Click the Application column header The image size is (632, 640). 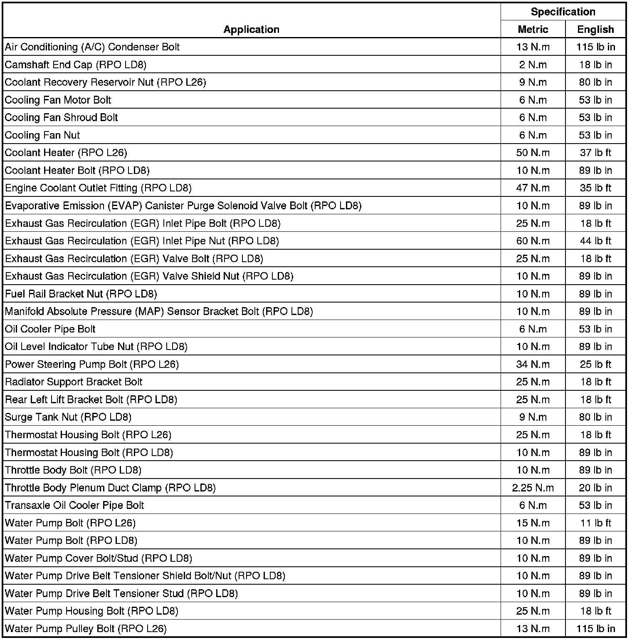click(251, 29)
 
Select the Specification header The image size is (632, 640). click(563, 12)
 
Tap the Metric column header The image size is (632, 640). click(533, 29)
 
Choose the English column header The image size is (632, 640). click(595, 29)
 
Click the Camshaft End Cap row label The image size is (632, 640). click(76, 64)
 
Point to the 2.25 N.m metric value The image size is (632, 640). click(533, 488)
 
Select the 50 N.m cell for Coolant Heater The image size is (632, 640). click(533, 153)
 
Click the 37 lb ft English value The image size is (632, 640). click(595, 153)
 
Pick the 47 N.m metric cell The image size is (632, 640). click(533, 188)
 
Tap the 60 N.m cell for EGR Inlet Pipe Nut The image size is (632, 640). click(533, 241)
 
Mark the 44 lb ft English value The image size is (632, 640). click(595, 241)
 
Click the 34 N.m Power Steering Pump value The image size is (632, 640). click(533, 365)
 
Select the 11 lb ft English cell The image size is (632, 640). click(595, 523)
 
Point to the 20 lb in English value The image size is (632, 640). click(595, 488)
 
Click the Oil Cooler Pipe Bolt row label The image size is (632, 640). click(50, 329)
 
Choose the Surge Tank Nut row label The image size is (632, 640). click(68, 417)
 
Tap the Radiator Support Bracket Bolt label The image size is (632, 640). click(74, 382)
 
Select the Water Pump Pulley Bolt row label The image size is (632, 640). click(86, 629)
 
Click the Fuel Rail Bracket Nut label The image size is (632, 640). click(81, 294)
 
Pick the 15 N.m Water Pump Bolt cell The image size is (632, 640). click(533, 523)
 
